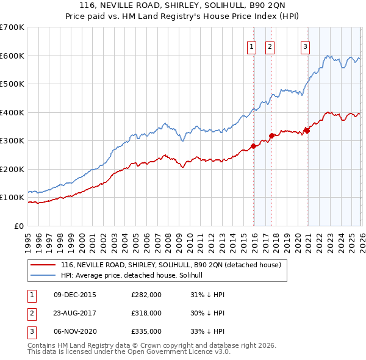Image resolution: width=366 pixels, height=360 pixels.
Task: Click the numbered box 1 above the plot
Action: [x=251, y=46]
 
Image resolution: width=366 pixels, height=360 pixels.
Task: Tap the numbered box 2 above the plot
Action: [x=270, y=46]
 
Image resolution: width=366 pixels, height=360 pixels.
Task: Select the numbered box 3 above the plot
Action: [x=304, y=46]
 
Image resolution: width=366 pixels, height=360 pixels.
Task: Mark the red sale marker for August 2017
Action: [x=271, y=135]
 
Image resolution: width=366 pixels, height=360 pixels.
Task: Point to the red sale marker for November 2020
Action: [x=306, y=131]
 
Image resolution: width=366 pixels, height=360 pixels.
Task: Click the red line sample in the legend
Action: [x=44, y=265]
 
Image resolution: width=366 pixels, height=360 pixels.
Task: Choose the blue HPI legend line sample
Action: [x=44, y=275]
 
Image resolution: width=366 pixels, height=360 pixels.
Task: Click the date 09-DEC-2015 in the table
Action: [x=75, y=295]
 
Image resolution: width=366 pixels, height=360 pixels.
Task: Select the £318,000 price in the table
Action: [x=146, y=313]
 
